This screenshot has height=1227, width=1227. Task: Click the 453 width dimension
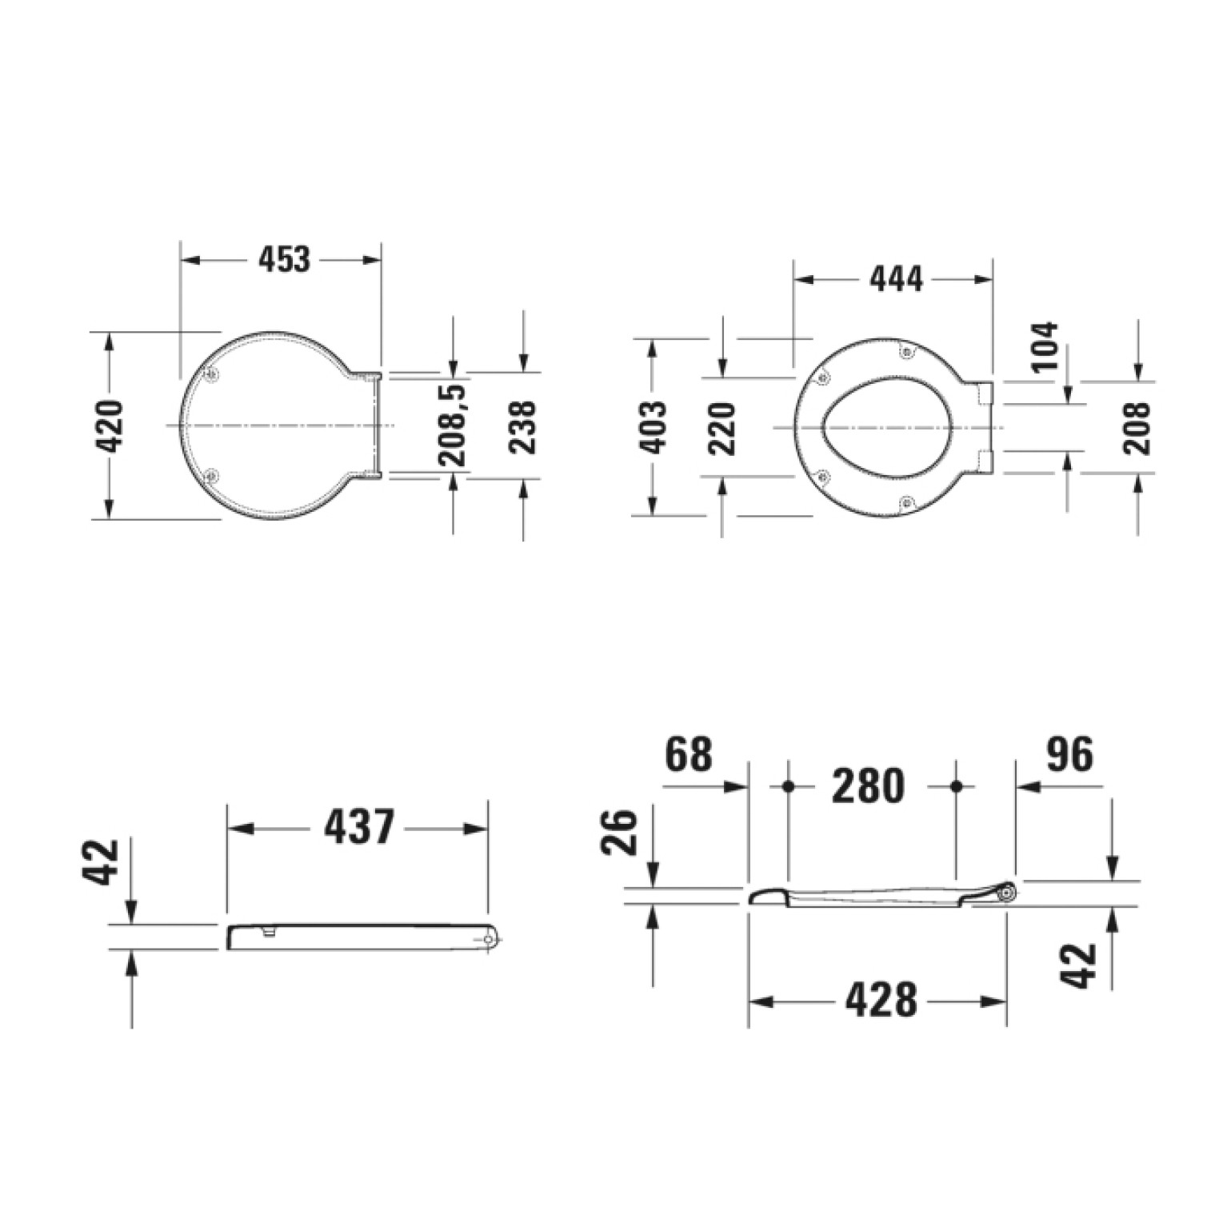[x=284, y=259]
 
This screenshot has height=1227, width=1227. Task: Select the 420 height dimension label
[x=111, y=426]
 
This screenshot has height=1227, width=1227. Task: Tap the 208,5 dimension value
[x=454, y=425]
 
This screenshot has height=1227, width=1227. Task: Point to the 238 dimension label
[x=523, y=426]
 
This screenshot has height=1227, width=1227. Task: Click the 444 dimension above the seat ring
[x=896, y=279]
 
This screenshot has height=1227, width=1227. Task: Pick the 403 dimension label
[x=653, y=427]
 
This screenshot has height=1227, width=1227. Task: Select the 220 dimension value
[x=722, y=428]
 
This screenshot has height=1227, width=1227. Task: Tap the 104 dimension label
[x=1044, y=346]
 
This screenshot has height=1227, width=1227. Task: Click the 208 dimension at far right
[x=1137, y=428]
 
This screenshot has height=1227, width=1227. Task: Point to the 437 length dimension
[x=359, y=827]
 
